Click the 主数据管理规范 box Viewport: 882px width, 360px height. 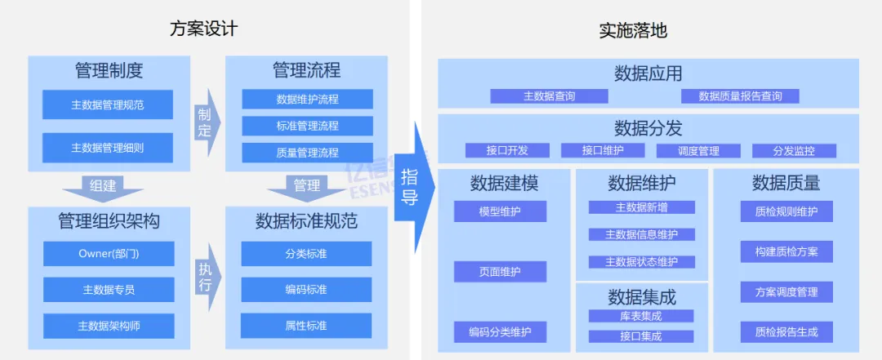point(108,104)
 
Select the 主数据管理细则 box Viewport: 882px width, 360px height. point(108,148)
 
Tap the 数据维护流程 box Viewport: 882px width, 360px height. point(307,100)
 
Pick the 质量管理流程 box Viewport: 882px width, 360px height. point(307,152)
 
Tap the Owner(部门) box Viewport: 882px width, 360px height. point(109,253)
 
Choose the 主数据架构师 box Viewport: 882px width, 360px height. point(109,326)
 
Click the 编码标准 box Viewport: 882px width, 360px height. point(306,289)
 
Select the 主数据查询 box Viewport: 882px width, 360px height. point(549,96)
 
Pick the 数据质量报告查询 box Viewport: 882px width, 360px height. point(740,96)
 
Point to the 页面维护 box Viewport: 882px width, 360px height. point(500,271)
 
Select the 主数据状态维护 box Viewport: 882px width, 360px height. point(641,262)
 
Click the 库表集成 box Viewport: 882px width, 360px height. point(641,316)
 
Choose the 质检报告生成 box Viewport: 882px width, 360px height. point(786,331)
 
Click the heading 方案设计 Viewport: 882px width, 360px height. point(203,29)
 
